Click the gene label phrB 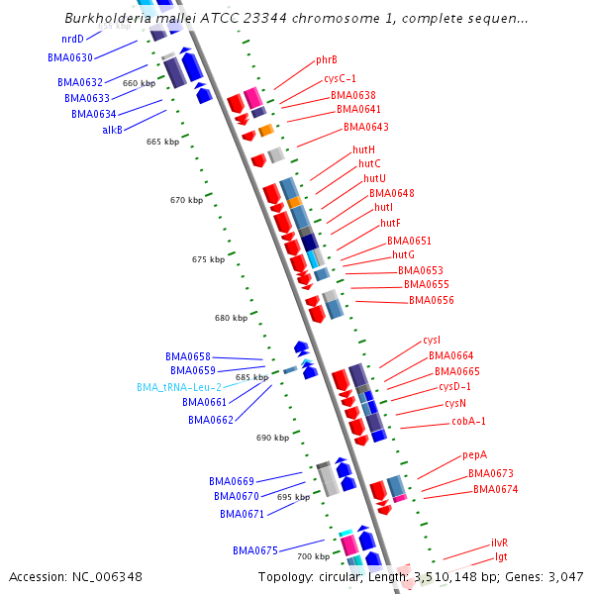(327, 59)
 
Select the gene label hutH (363, 149)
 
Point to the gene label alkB (112, 130)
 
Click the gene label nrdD (72, 39)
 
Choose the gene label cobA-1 (469, 421)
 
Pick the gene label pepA (474, 455)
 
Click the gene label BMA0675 (256, 549)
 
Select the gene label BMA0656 (431, 300)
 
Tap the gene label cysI (432, 340)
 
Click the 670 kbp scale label (185, 200)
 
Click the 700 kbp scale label (314, 556)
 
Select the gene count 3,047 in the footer (563, 577)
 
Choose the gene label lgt (501, 557)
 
